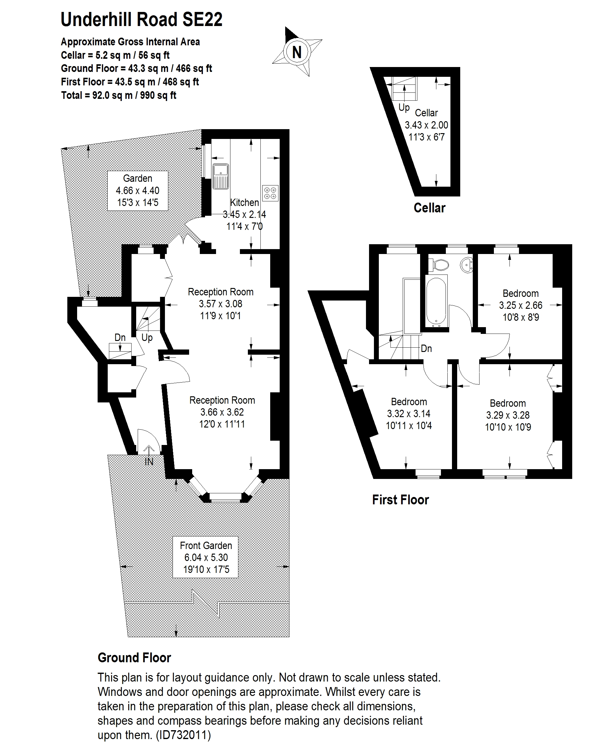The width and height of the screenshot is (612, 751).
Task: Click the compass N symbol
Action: (x=297, y=52)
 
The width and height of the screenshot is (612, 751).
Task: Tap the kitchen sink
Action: (x=221, y=176)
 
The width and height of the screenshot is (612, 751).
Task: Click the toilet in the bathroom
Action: (x=438, y=264)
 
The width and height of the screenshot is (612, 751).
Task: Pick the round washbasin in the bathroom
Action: (x=467, y=264)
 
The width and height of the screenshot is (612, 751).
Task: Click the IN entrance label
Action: (x=149, y=461)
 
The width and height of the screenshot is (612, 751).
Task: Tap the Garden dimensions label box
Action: (x=137, y=191)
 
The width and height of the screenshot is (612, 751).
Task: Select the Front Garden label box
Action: (x=206, y=557)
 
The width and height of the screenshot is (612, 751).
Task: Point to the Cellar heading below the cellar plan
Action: (x=429, y=208)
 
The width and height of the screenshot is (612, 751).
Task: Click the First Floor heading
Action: (x=401, y=500)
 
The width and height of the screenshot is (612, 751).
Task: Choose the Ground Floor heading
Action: (x=134, y=658)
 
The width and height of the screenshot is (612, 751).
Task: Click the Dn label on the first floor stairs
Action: (x=426, y=348)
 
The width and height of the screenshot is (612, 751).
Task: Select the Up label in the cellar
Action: (x=404, y=107)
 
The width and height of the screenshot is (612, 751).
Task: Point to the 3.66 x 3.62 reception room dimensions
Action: (x=222, y=412)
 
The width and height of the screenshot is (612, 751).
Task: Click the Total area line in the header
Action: (x=118, y=95)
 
